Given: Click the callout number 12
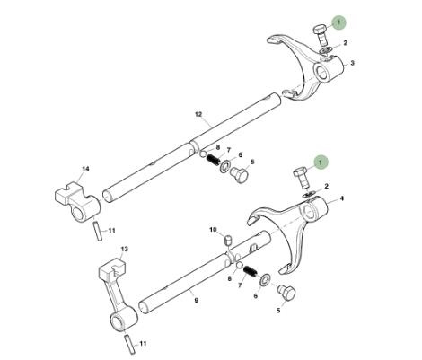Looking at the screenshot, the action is click(198, 114).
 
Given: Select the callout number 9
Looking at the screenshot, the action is click(197, 300).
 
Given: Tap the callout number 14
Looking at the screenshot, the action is click(85, 169).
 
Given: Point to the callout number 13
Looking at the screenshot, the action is click(124, 249).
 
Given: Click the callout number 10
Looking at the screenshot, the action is click(213, 230).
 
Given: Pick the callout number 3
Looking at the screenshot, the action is click(353, 63).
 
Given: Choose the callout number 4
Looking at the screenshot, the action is click(342, 198).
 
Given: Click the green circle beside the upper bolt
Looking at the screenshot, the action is click(338, 22).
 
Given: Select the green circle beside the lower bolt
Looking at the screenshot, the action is click(321, 162).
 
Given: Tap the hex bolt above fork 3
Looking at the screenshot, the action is click(321, 37).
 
